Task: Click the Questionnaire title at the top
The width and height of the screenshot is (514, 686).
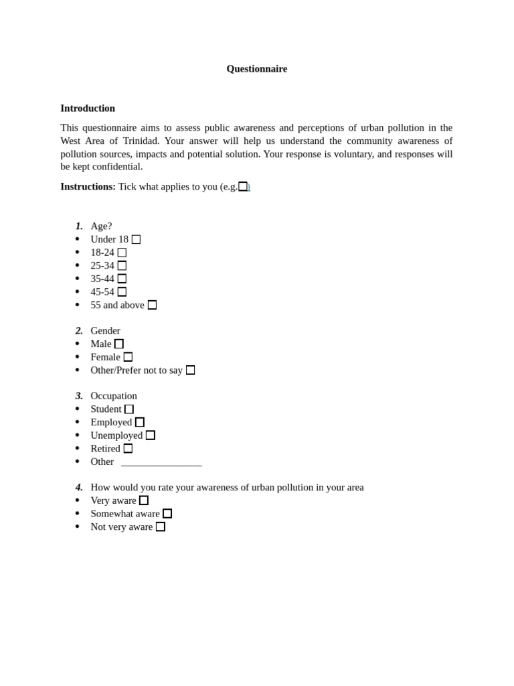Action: pos(256,68)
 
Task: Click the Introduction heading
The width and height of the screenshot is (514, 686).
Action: pos(88,108)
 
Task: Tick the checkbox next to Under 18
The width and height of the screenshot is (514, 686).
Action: pos(136,239)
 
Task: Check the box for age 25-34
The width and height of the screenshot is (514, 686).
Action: pos(122,265)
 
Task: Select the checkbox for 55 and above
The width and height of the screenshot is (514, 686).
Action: pos(152,305)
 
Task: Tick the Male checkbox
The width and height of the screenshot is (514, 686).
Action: pos(119,344)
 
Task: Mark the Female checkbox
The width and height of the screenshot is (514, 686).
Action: pos(128,357)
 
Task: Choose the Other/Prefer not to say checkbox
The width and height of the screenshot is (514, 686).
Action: pos(190,370)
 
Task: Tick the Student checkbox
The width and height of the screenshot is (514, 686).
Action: pos(129,409)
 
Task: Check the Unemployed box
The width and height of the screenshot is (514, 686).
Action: pos(151,435)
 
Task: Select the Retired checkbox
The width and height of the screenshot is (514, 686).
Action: pos(128,448)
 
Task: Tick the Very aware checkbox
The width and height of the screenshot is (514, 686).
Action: pos(144,500)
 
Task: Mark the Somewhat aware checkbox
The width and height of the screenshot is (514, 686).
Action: pos(167,513)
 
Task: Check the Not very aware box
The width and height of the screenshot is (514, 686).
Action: pos(161,527)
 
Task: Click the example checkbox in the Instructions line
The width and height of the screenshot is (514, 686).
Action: pos(243,186)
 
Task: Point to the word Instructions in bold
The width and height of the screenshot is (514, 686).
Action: pos(88,186)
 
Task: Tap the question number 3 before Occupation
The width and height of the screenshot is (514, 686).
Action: pos(79,396)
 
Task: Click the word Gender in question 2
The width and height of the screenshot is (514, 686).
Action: pos(106,330)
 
